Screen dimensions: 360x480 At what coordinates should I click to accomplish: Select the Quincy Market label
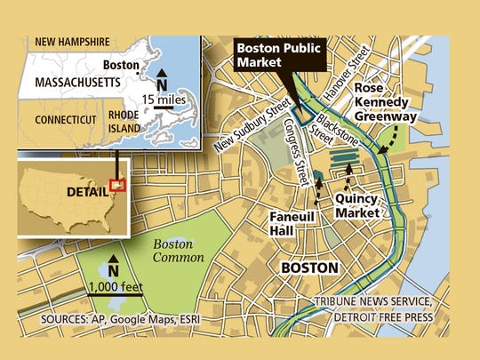[356, 206]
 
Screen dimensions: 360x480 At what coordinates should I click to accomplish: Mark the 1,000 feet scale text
[116, 286]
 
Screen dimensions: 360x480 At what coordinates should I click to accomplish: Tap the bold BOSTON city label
[309, 268]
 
